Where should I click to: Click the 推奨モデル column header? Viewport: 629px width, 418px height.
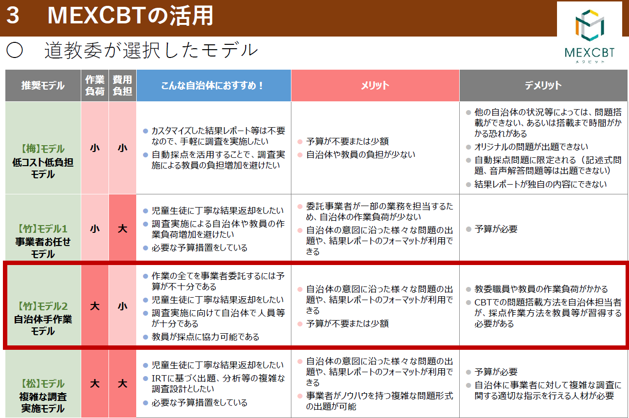click(x=43, y=85)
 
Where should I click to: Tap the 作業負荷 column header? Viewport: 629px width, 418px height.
click(x=95, y=85)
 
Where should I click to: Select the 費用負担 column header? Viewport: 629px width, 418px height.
click(x=123, y=85)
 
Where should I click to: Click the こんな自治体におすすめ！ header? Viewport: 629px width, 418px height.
click(x=214, y=85)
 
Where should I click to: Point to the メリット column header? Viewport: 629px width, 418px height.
click(x=375, y=85)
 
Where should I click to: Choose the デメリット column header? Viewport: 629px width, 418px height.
click(x=543, y=85)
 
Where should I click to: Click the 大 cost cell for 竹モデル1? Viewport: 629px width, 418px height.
click(x=123, y=228)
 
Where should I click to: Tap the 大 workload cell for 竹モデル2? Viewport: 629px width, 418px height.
click(x=95, y=306)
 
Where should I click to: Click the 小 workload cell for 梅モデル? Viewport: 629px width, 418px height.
click(x=95, y=148)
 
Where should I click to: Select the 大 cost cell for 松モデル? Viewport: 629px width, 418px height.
click(x=123, y=383)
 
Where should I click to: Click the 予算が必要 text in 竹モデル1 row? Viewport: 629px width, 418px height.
click(x=496, y=229)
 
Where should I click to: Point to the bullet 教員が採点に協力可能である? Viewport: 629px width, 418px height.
click(x=205, y=337)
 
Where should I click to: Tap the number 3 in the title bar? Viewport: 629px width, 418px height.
click(x=13, y=16)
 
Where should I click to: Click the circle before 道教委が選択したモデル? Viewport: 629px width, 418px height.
click(x=15, y=50)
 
